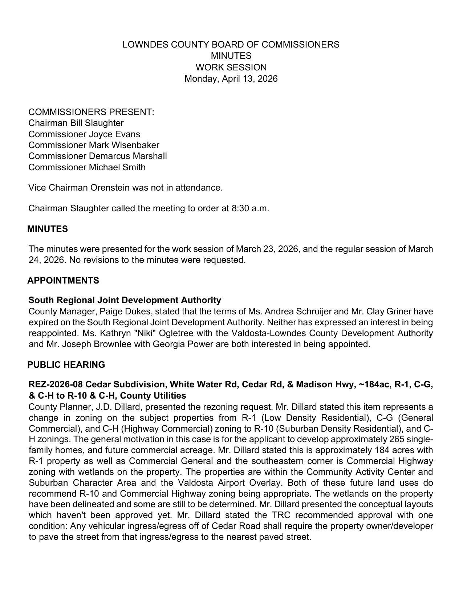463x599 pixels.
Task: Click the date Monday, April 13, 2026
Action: click(x=231, y=79)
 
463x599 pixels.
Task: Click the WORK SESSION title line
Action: click(x=231, y=68)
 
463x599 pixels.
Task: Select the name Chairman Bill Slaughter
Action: click(x=76, y=123)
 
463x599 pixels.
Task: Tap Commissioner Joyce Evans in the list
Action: click(x=84, y=134)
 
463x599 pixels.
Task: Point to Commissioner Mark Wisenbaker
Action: click(x=94, y=145)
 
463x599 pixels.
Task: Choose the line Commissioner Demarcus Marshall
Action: click(x=98, y=156)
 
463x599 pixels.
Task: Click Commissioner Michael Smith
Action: click(x=87, y=167)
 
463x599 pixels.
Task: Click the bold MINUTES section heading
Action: click(x=48, y=229)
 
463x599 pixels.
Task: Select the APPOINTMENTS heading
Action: click(x=63, y=281)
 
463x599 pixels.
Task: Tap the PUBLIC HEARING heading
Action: click(x=66, y=365)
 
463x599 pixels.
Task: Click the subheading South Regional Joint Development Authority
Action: click(x=125, y=300)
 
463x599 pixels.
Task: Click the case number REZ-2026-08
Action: click(x=56, y=384)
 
